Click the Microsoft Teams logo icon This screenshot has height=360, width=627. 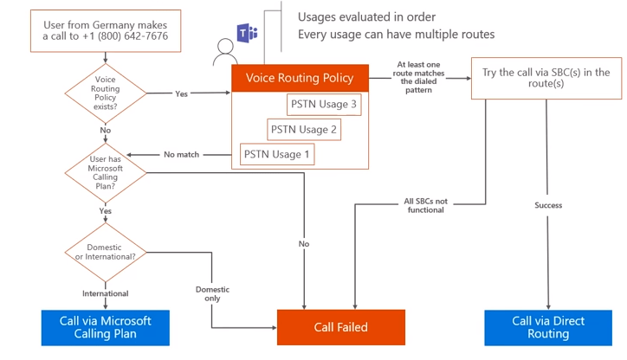click(x=249, y=34)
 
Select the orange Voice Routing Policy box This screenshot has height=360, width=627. click(x=300, y=78)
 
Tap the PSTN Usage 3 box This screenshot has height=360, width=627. click(x=324, y=105)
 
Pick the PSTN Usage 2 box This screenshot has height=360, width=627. click(x=303, y=130)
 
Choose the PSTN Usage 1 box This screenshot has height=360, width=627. click(x=277, y=155)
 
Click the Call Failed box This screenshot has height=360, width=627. click(x=340, y=327)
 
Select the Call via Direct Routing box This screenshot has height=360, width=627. click(x=547, y=327)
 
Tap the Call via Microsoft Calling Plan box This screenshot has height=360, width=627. click(x=105, y=327)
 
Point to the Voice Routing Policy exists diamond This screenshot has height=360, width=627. click(x=106, y=94)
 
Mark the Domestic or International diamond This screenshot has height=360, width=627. click(x=106, y=251)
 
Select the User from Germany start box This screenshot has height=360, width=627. click(x=107, y=31)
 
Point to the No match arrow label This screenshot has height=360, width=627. click(x=181, y=155)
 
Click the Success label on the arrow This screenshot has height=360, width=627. click(x=547, y=205)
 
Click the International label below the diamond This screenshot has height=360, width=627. click(x=106, y=293)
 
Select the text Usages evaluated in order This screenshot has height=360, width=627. click(x=366, y=16)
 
